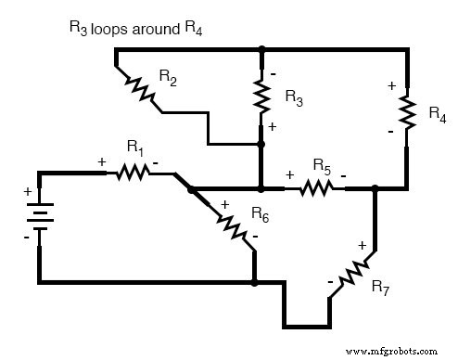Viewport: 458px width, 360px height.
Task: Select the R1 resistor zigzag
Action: (133, 172)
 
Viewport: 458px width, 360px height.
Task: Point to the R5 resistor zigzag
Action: (315, 188)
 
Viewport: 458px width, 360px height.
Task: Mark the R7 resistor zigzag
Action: (353, 273)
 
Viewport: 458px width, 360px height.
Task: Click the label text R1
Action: (135, 147)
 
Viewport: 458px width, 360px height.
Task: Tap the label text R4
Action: (437, 113)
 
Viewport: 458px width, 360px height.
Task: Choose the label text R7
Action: (380, 288)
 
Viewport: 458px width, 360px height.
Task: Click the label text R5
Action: (322, 167)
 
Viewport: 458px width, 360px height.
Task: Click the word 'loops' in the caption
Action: (116, 29)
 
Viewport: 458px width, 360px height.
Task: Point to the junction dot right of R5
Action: (375, 189)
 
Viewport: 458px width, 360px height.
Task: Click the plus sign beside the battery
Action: (28, 195)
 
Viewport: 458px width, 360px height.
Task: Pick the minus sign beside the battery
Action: (28, 238)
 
